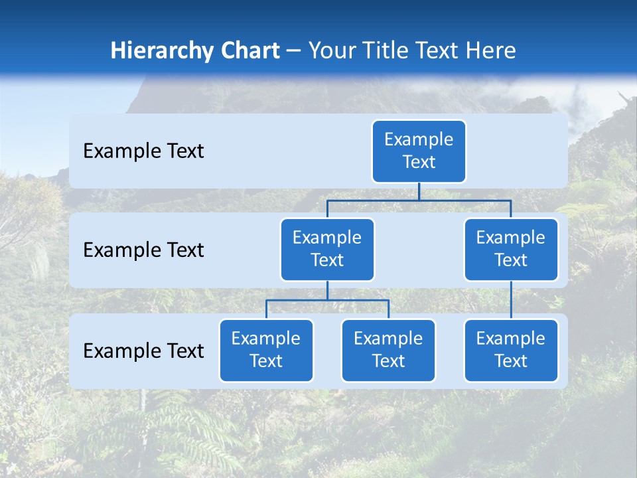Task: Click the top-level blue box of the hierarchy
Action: pyautogui.click(x=419, y=151)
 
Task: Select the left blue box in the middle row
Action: pyautogui.click(x=327, y=250)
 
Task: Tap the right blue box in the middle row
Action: pyautogui.click(x=511, y=250)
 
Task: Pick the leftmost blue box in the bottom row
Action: pyautogui.click(x=266, y=351)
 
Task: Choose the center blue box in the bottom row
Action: pyautogui.click(x=388, y=351)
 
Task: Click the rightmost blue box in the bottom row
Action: pyautogui.click(x=511, y=351)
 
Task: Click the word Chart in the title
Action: pyautogui.click(x=247, y=51)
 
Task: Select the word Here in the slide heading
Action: pyautogui.click(x=492, y=51)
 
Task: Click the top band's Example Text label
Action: pyautogui.click(x=143, y=151)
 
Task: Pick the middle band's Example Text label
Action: pyautogui.click(x=143, y=250)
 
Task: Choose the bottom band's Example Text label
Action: pyautogui.click(x=143, y=351)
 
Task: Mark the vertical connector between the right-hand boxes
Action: pyautogui.click(x=511, y=300)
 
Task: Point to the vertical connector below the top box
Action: pyautogui.click(x=419, y=191)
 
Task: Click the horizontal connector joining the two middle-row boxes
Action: pyautogui.click(x=419, y=200)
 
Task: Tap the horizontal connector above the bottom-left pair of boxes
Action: pyautogui.click(x=327, y=300)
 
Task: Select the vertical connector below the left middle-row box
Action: pyautogui.click(x=327, y=290)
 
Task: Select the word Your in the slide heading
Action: pyautogui.click(x=332, y=51)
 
